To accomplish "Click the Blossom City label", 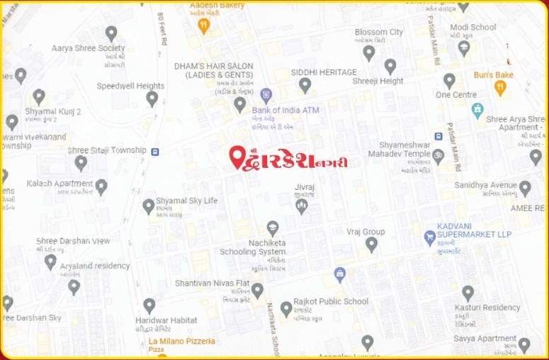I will pos(378,32).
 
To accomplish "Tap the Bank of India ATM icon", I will pos(266,94).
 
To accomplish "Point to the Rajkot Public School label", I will pos(332,301).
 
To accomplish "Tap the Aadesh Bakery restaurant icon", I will pos(204,26).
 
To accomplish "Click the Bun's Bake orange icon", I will pos(500,88).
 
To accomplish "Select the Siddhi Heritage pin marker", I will pos(305,85).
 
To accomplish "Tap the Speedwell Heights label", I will pos(130,86).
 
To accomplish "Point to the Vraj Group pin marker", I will pos(371,244).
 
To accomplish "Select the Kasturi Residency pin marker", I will pos(468,293).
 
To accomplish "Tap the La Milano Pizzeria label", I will pos(181,342).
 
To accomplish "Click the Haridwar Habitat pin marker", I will pos(149,305).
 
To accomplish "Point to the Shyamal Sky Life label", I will pos(186,201).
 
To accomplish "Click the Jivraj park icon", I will pos(302,206).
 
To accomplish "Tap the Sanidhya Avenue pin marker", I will pos(525,188).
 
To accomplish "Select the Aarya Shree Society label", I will pos(88,48).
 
